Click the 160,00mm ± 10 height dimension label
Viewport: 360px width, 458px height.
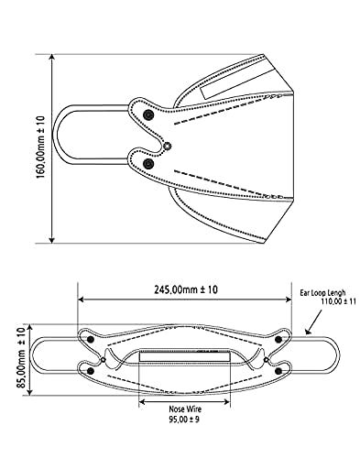pos(40,147)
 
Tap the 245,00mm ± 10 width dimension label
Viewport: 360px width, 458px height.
pos(186,289)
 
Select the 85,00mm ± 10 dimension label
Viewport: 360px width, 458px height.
pos(21,358)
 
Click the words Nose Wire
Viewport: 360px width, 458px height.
pos(185,409)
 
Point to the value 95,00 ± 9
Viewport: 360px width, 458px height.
pos(184,420)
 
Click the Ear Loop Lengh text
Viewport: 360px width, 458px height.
pos(322,293)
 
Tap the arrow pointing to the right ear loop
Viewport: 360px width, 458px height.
pos(313,322)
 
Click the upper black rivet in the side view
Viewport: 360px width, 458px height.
pos(148,115)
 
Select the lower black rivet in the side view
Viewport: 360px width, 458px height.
pos(148,164)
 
